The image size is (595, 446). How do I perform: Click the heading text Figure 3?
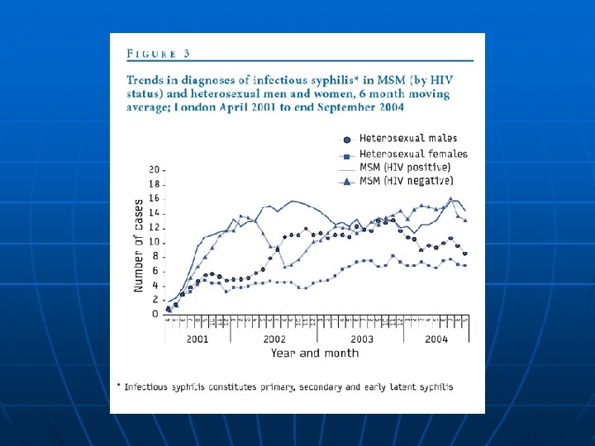159,53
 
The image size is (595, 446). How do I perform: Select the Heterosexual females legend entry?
412,153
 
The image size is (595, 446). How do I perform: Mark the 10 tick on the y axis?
155,242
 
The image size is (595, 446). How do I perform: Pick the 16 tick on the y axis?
155,198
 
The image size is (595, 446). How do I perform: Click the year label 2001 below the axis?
198,339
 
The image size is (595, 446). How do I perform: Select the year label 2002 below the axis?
274,339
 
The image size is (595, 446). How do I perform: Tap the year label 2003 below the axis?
361,339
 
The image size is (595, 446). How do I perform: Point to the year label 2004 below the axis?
436,339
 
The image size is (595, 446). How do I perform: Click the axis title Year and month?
314,353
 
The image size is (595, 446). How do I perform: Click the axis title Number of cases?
138,244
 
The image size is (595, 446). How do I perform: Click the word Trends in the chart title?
146,79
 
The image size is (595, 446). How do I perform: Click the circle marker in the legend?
348,140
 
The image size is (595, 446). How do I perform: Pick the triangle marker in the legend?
348,180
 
